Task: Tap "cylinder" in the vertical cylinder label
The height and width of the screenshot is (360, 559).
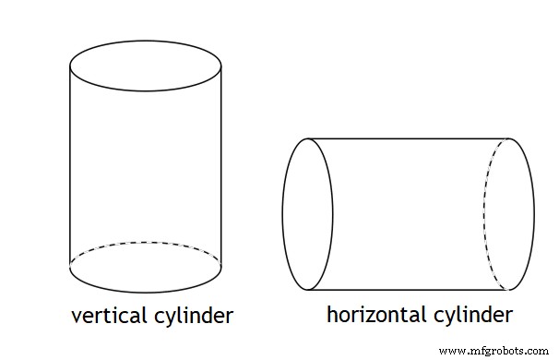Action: point(189,317)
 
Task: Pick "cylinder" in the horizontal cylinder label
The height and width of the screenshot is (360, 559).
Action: point(469,315)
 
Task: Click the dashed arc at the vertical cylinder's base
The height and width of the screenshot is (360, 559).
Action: point(146,243)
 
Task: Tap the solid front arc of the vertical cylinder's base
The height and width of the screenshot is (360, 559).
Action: point(146,292)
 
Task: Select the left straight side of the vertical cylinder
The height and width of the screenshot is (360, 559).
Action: point(70,166)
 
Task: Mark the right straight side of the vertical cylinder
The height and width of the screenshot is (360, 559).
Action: point(221,166)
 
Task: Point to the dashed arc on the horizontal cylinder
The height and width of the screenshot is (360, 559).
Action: point(485,214)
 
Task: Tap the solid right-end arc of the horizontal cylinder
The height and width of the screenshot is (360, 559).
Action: point(533,214)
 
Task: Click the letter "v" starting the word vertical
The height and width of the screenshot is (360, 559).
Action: point(77,317)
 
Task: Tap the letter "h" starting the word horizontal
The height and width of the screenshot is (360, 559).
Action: point(332,314)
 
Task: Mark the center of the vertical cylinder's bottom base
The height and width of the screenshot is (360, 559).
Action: point(146,268)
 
